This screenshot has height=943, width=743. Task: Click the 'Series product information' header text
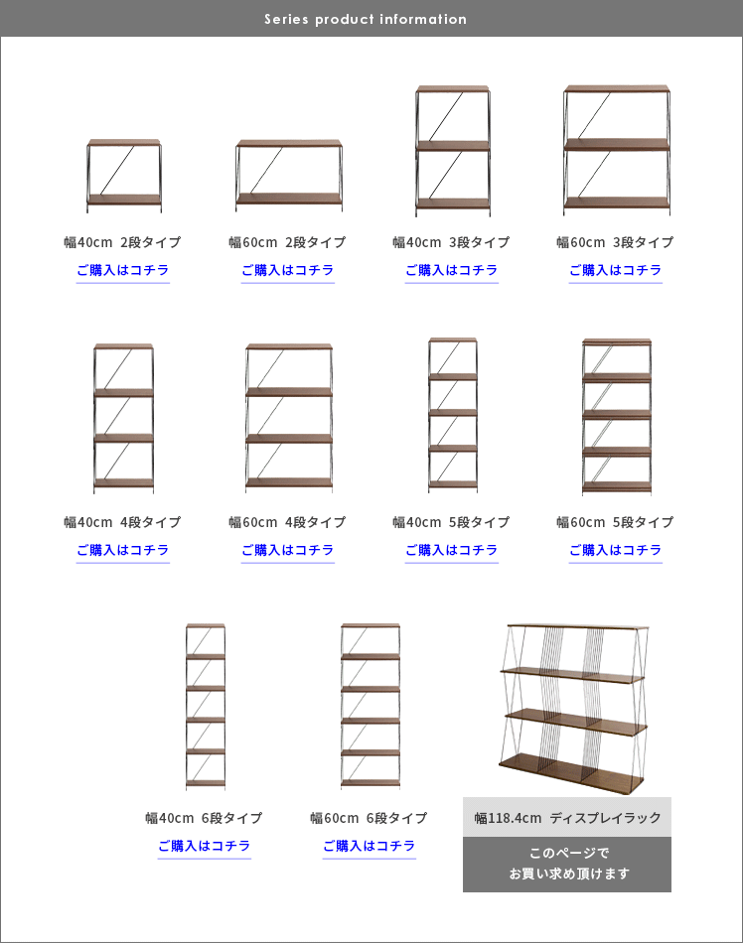366,19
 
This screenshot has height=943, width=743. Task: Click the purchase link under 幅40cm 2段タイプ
123,270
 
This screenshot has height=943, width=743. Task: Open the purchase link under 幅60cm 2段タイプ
288,270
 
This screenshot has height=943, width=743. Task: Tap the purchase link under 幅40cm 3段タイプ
451,270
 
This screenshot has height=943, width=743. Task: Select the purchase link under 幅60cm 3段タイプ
616,270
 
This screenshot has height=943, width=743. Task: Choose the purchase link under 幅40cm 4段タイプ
123,550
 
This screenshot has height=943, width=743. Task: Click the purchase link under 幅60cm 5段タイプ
616,550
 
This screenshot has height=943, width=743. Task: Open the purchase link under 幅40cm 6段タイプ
204,846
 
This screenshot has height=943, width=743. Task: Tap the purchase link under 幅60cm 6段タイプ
369,846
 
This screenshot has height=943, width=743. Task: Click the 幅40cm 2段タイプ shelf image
124,176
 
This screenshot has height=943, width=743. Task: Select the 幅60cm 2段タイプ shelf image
289,176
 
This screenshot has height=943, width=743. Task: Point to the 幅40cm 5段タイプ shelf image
453,416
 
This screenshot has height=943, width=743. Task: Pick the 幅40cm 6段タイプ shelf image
206,707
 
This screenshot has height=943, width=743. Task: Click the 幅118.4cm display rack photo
574,709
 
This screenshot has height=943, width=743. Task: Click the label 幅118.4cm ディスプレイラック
567,818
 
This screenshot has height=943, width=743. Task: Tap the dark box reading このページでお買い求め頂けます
567,865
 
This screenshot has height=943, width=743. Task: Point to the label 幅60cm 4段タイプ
288,522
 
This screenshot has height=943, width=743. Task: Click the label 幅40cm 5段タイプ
451,522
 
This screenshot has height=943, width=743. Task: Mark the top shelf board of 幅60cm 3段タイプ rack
617,89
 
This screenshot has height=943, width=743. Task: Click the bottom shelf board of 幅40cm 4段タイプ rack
124,483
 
